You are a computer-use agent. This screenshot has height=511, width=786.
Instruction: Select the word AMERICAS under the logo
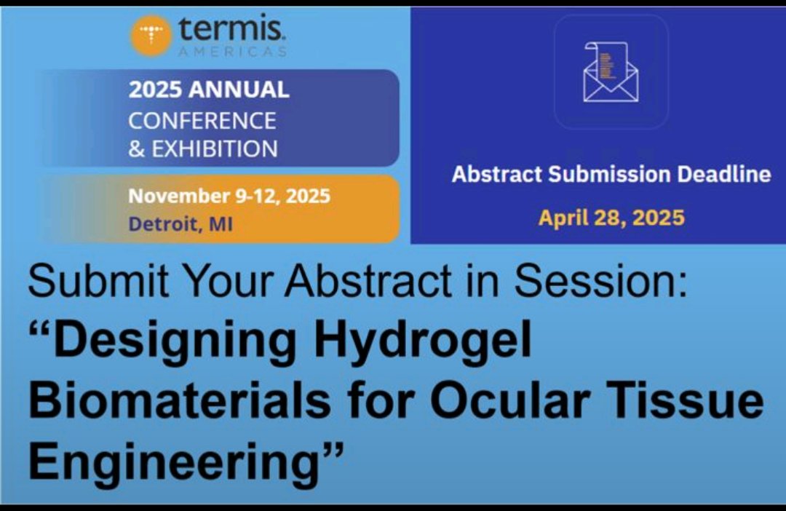[x=232, y=52]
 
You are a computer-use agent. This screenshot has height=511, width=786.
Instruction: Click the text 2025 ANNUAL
[x=209, y=90]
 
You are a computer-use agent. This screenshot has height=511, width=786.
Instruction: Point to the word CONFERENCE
[x=202, y=119]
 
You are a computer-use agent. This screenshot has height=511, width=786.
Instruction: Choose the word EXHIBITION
[x=215, y=148]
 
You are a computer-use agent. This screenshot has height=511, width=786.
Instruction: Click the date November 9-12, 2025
[x=229, y=196]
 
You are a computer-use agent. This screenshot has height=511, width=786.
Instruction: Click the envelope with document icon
[x=611, y=72]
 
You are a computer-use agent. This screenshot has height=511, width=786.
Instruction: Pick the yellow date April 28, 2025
[x=611, y=218]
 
